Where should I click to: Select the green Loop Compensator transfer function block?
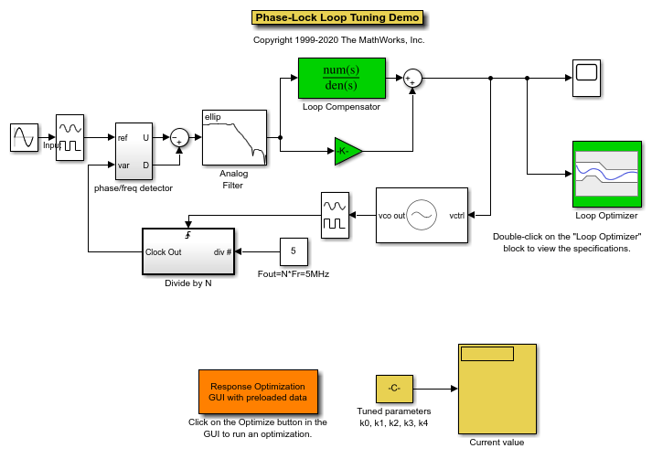[341, 79]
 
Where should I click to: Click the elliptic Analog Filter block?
[234, 138]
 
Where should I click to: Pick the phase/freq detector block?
[134, 152]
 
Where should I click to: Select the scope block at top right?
[586, 79]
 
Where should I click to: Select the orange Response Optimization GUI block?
[258, 392]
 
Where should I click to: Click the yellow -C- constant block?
[394, 389]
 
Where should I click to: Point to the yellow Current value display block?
[497, 390]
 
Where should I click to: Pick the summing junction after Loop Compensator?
[412, 79]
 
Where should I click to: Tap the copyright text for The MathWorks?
[338, 40]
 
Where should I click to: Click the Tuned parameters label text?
[393, 411]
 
